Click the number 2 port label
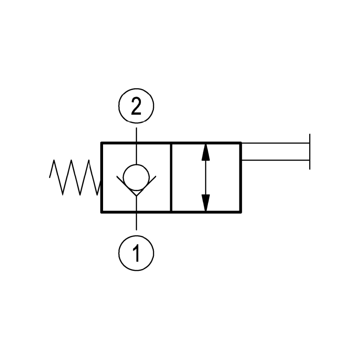click(x=136, y=106)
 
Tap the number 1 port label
click(x=136, y=253)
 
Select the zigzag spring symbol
click(x=75, y=177)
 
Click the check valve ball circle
click(x=136, y=177)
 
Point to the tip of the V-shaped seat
click(x=136, y=196)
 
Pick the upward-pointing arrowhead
click(x=206, y=152)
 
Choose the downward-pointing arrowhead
click(x=206, y=203)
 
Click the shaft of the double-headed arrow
click(x=206, y=177)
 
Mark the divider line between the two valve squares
click(x=171, y=177)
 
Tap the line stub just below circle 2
click(x=136, y=135)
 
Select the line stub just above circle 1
click(x=136, y=221)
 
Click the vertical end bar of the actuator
click(x=310, y=152)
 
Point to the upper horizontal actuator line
click(x=275, y=143)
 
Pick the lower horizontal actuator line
click(x=275, y=160)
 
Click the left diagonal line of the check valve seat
click(x=126, y=186)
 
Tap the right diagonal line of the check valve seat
click(x=146, y=186)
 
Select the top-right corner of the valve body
click(x=241, y=143)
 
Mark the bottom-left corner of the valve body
click(x=102, y=212)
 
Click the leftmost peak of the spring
click(x=54, y=160)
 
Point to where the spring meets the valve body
click(x=100, y=181)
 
